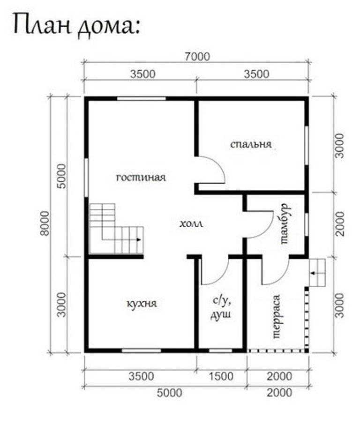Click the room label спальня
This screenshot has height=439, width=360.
pyautogui.click(x=251, y=144)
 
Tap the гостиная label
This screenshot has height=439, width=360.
pyautogui.click(x=141, y=177)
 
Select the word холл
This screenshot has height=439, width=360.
pyautogui.click(x=191, y=224)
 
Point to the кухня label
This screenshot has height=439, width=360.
pyautogui.click(x=142, y=304)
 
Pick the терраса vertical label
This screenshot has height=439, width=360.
pyautogui.click(x=276, y=316)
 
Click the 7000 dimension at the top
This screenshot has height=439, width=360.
pyautogui.click(x=197, y=57)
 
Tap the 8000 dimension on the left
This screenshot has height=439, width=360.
pyautogui.click(x=45, y=223)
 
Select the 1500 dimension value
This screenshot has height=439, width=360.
pyautogui.click(x=221, y=376)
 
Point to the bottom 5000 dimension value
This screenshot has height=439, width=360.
pyautogui.click(x=169, y=393)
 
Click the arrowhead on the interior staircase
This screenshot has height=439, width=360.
pyautogui.click(x=139, y=240)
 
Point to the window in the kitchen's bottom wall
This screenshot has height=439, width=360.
pyautogui.click(x=142, y=350)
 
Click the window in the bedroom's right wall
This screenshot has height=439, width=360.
pyautogui.click(x=307, y=146)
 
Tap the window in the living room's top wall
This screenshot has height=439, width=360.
pyautogui.click(x=141, y=98)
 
